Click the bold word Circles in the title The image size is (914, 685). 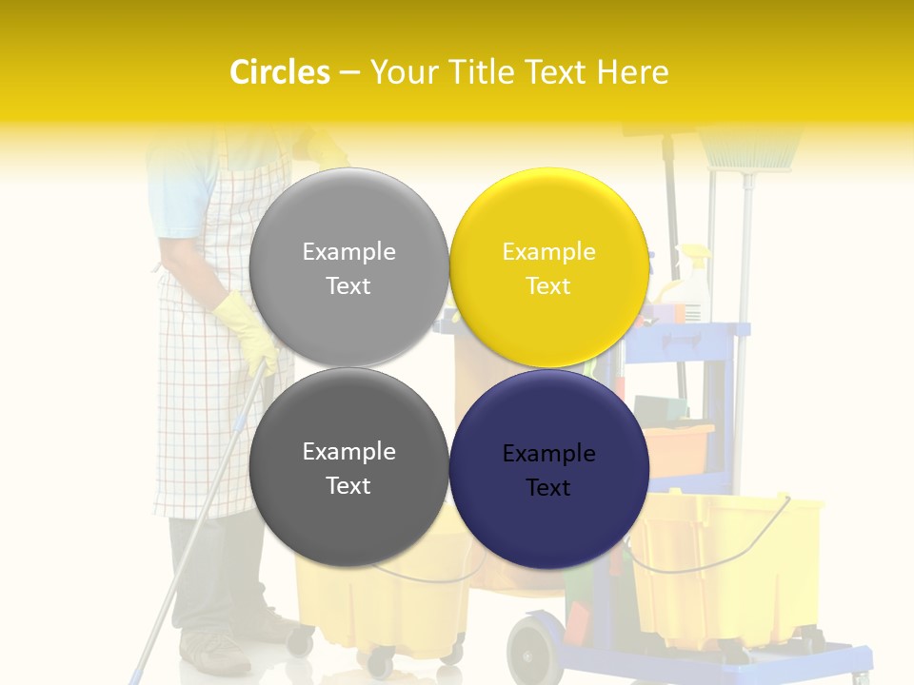280,72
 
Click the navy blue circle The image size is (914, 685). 549,519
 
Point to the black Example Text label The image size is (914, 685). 549,470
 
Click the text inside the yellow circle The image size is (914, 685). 549,268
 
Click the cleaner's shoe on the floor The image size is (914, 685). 215,653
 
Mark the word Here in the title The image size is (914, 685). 632,72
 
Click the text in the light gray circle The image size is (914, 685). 348,268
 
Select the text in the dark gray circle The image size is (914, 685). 348,468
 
